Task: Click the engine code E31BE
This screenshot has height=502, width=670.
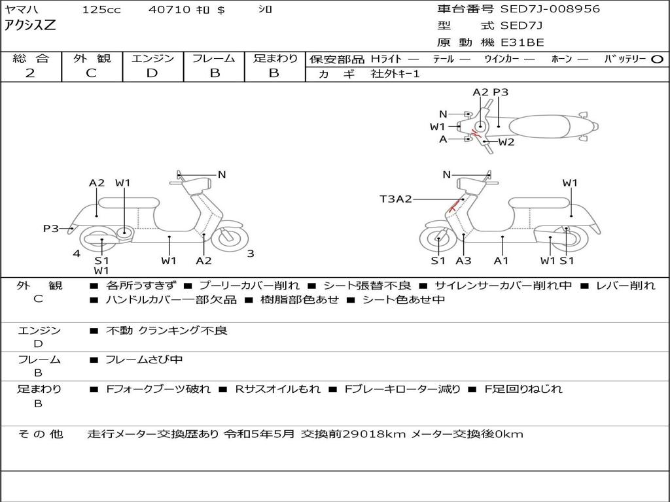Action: click(x=523, y=42)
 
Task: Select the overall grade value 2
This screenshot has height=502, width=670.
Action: click(x=30, y=73)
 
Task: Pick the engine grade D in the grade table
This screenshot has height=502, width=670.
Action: click(x=152, y=73)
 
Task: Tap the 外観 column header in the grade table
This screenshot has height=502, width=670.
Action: click(x=91, y=58)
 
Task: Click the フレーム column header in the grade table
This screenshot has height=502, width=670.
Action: click(x=214, y=58)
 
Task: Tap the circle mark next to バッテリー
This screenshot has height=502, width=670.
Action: click(x=658, y=59)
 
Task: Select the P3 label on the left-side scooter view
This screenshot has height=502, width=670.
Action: click(x=51, y=228)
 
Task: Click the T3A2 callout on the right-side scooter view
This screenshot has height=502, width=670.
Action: click(x=396, y=199)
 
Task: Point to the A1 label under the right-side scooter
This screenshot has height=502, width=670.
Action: click(x=501, y=261)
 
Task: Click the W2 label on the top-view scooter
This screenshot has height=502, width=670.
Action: click(x=506, y=142)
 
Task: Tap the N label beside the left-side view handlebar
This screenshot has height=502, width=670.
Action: click(x=222, y=175)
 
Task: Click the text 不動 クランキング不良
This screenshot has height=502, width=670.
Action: click(x=166, y=331)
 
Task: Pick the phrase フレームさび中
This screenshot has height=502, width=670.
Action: click(x=144, y=360)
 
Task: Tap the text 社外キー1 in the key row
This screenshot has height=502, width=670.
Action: click(x=395, y=74)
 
